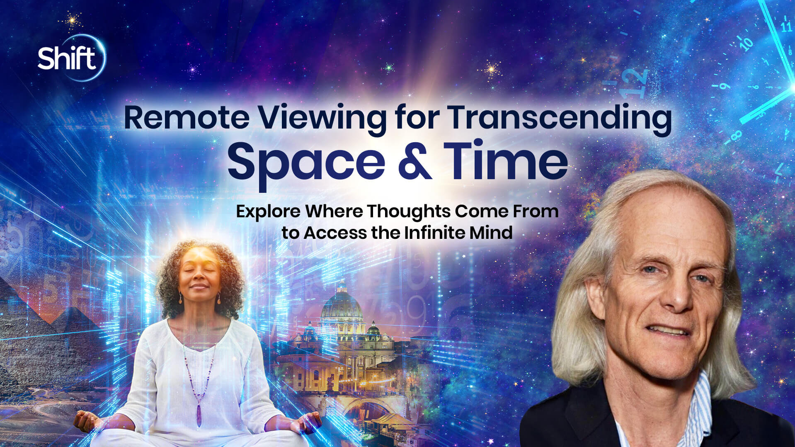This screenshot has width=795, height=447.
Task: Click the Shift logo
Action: point(68,58)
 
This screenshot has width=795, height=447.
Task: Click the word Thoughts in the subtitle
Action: point(408,211)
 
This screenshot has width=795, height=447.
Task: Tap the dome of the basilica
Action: point(342,305)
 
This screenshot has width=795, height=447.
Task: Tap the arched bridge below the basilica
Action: point(365,408)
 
